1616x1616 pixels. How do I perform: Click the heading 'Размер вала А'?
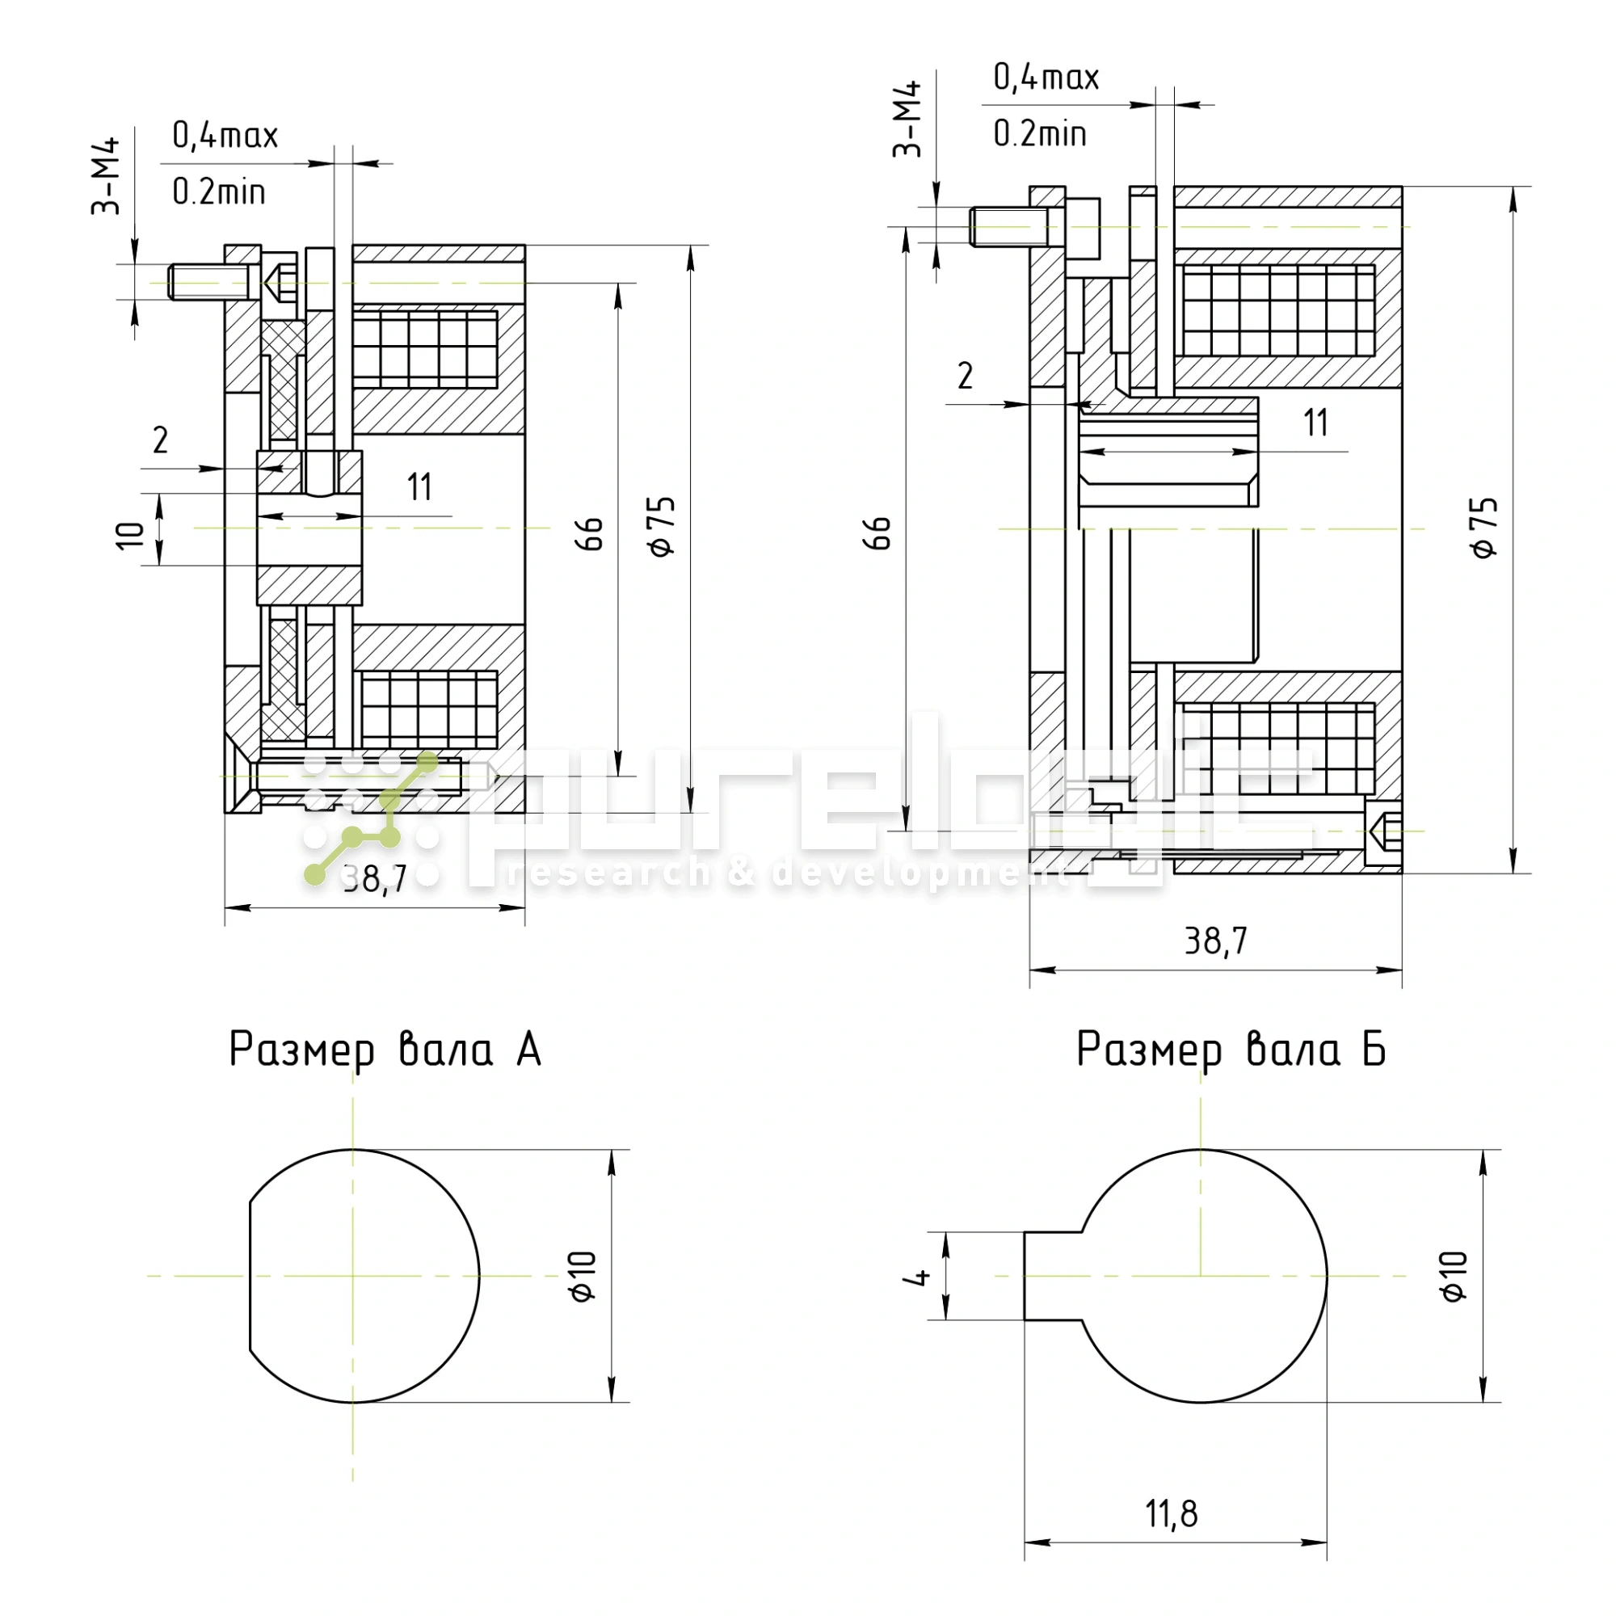point(385,1050)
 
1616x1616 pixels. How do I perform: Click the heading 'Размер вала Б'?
point(1231,1050)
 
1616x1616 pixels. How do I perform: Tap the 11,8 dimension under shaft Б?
point(1171,1514)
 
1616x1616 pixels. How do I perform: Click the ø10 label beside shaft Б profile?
point(1454,1277)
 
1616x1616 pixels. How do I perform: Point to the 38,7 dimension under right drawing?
point(1215,942)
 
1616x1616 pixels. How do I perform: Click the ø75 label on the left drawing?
point(662,526)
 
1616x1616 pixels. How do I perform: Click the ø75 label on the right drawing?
point(1484,527)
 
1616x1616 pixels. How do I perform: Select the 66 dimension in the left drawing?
point(590,533)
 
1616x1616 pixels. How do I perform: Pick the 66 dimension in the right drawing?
point(877,532)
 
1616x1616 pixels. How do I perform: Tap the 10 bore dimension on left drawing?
point(129,536)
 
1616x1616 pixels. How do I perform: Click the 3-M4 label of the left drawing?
point(106,177)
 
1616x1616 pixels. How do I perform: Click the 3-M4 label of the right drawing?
point(907,119)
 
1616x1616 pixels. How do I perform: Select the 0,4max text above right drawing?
point(1046,78)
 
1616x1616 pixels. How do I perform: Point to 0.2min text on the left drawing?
point(219,193)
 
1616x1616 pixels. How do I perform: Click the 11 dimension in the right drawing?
point(1315,423)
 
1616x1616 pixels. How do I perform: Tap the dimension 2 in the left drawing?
point(161,441)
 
